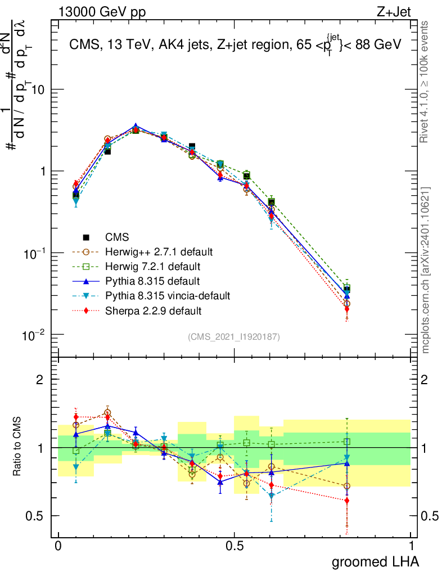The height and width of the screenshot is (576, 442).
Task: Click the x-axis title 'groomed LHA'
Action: (376, 561)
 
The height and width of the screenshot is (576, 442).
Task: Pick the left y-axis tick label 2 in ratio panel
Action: (39, 380)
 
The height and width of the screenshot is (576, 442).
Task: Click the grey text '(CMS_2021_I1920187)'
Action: (233, 336)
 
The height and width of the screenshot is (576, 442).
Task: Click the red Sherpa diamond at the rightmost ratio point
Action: (347, 500)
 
